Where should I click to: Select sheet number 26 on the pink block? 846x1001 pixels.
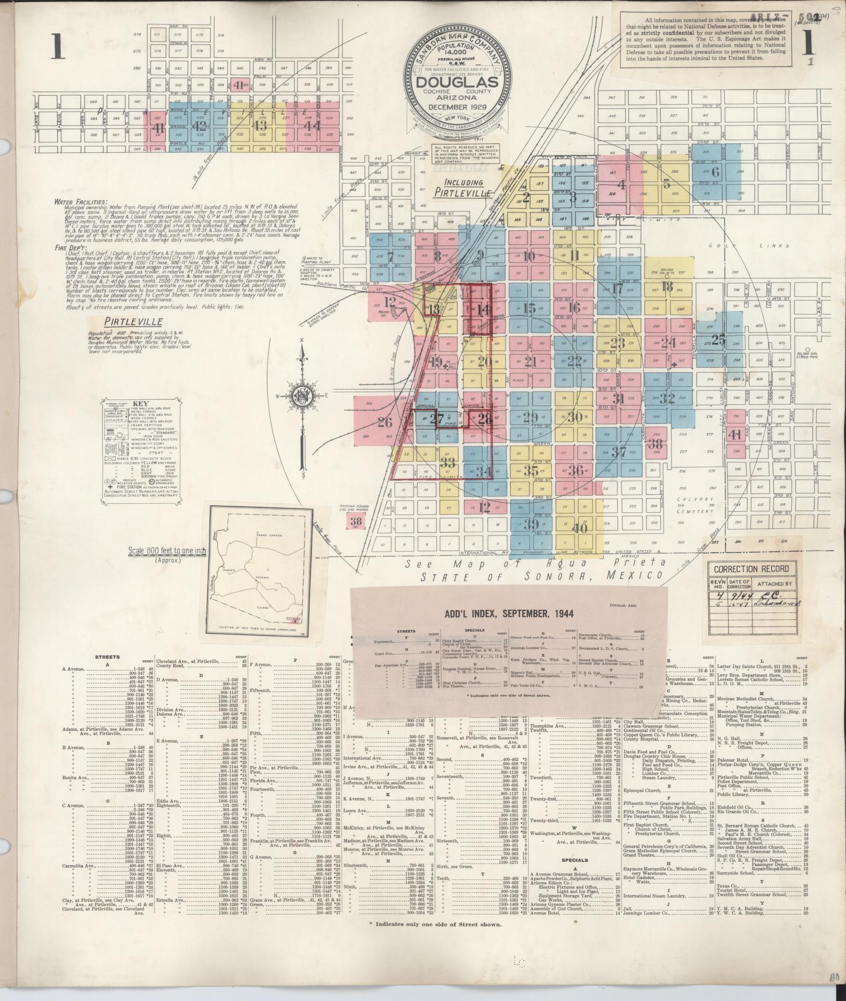point(385,422)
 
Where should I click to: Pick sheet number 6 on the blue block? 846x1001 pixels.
point(715,172)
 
